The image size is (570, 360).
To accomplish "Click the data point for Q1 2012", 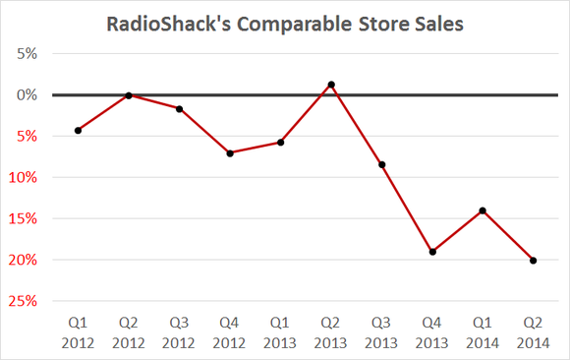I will coord(78,130).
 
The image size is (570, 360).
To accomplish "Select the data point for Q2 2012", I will coord(129,95).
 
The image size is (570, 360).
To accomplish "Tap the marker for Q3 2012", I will coord(179,108).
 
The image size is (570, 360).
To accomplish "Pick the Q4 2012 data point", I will coord(230,152).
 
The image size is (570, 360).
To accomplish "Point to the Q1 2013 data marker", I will coord(281,143).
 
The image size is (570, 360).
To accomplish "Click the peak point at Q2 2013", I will coord(331,85).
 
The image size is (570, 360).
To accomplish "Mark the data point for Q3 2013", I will coord(382,164).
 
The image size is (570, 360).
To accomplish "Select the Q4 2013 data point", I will coord(432,252).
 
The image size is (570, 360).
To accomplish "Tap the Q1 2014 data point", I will coord(483,210).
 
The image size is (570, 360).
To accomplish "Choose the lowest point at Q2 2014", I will coord(534,261).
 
